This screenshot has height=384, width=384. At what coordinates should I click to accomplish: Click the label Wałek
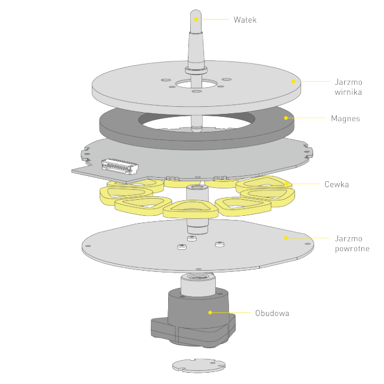[x=245, y=20]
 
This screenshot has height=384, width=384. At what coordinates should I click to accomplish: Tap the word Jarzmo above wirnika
[x=348, y=82]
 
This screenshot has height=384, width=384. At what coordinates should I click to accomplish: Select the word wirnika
[x=348, y=92]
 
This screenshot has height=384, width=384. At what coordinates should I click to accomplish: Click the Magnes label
[x=345, y=119]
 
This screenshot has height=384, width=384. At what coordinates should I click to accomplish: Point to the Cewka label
[x=336, y=184]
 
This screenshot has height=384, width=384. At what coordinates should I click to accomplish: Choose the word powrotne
[x=352, y=249]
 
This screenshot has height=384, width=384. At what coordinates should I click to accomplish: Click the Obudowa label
[x=272, y=313]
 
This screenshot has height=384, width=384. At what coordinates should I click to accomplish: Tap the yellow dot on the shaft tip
[x=196, y=19]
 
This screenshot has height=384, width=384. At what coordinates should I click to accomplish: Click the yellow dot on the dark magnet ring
[x=286, y=118]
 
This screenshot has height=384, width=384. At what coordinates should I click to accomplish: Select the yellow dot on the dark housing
[x=210, y=312]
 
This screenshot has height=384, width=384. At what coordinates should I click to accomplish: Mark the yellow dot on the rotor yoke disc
[x=293, y=82]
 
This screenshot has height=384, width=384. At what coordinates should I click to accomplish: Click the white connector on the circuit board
[x=120, y=166]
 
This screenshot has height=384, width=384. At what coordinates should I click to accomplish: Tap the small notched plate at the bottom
[x=199, y=366]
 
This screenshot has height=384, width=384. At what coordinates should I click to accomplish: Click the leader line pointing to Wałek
[x=212, y=19]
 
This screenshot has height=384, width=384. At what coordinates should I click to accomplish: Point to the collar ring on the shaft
[x=196, y=70]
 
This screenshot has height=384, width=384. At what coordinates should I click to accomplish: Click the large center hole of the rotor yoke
[x=196, y=85]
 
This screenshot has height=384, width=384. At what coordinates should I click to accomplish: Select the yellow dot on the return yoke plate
[x=286, y=238]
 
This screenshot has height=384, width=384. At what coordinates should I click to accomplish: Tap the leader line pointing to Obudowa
[x=231, y=312]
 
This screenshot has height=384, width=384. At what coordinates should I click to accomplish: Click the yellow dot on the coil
[x=287, y=184]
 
